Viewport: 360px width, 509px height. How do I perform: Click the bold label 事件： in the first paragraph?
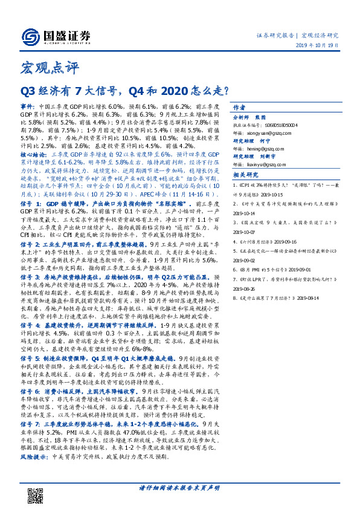pyautogui.click(x=28, y=105)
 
